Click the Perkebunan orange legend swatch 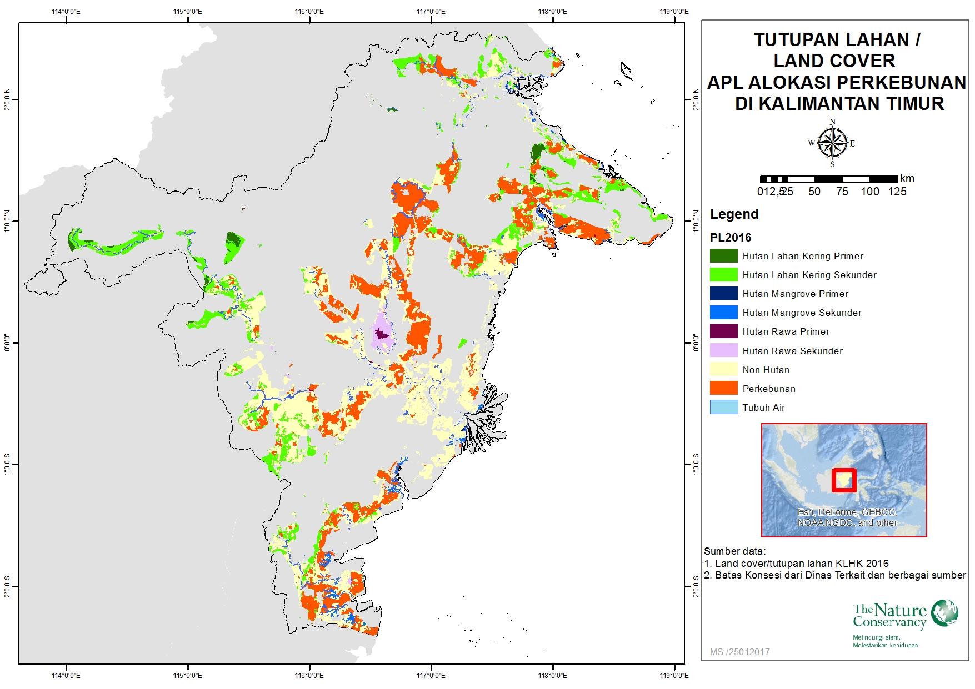coord(723,388)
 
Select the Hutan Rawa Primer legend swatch coord(723,331)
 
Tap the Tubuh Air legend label coord(763,408)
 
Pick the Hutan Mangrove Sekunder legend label coord(802,313)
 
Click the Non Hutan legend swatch coord(723,369)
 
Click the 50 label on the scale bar coord(814,192)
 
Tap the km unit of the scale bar coord(907,178)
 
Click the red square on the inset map coord(844,480)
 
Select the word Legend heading coord(734,214)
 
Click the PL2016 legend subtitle coord(730,238)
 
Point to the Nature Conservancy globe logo coord(944,613)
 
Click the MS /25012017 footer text coord(739,652)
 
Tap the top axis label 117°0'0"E coord(431,11)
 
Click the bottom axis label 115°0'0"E coord(188,675)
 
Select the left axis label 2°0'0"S coord(7,586)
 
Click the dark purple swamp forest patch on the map coord(381,334)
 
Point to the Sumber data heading coord(734,551)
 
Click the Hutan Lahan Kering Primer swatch coord(723,255)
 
